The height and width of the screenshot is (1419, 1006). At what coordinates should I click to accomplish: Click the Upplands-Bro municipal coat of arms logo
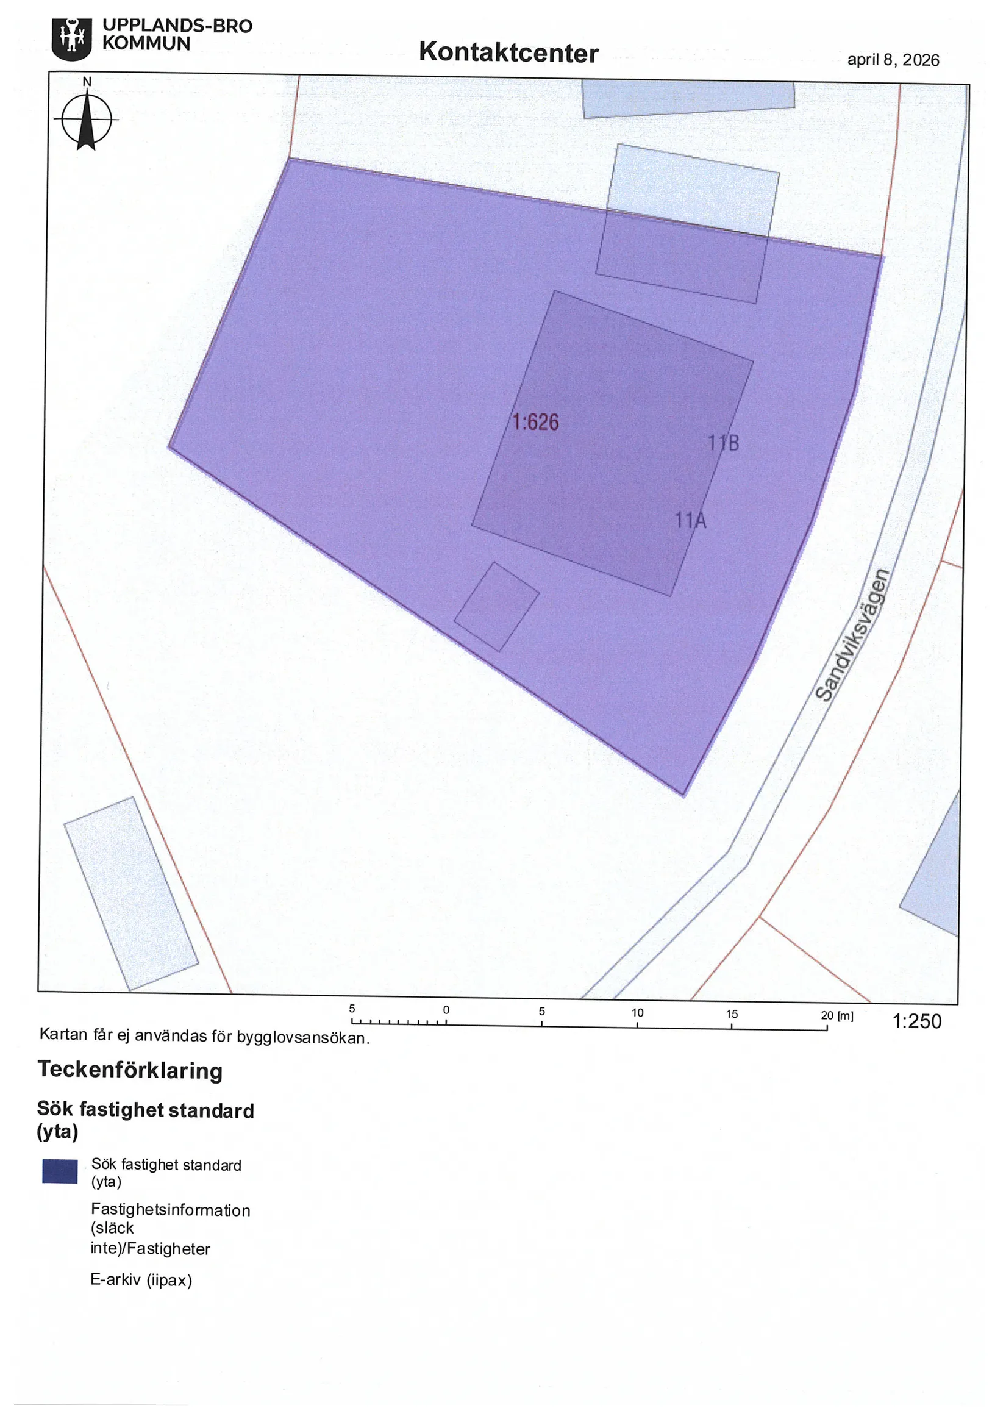(72, 39)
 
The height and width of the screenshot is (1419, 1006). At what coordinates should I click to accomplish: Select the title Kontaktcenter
(508, 52)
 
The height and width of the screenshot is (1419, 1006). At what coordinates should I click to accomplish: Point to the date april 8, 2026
(893, 60)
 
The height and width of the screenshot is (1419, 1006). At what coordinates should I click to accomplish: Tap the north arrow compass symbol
(87, 119)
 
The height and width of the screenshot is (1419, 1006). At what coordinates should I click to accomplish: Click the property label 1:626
(535, 423)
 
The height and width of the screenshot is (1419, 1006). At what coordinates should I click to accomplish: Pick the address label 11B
(723, 443)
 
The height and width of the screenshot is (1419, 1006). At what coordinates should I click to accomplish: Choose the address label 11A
(690, 520)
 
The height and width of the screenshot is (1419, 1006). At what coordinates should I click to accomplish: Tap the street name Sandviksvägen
(853, 635)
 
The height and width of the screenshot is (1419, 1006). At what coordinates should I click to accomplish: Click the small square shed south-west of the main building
(496, 606)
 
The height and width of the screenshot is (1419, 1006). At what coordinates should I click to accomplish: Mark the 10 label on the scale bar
(637, 1013)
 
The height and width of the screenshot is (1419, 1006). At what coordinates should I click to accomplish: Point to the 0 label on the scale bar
(446, 1010)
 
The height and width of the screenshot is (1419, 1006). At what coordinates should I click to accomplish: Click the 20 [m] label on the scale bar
(837, 1015)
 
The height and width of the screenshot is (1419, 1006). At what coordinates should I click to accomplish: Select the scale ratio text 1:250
(916, 1021)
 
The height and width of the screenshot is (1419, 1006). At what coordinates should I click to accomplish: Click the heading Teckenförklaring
(130, 1070)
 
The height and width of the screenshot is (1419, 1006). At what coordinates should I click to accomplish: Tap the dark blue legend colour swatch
(60, 1171)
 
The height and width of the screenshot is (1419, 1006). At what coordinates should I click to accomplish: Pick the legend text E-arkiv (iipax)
(141, 1279)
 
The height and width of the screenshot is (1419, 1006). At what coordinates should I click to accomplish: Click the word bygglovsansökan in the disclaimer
(303, 1037)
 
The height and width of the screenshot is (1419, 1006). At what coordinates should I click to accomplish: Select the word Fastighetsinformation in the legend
(170, 1210)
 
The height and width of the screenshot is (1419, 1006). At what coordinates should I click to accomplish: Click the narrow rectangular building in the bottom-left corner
(131, 893)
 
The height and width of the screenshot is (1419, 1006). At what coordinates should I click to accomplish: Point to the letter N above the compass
(87, 82)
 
